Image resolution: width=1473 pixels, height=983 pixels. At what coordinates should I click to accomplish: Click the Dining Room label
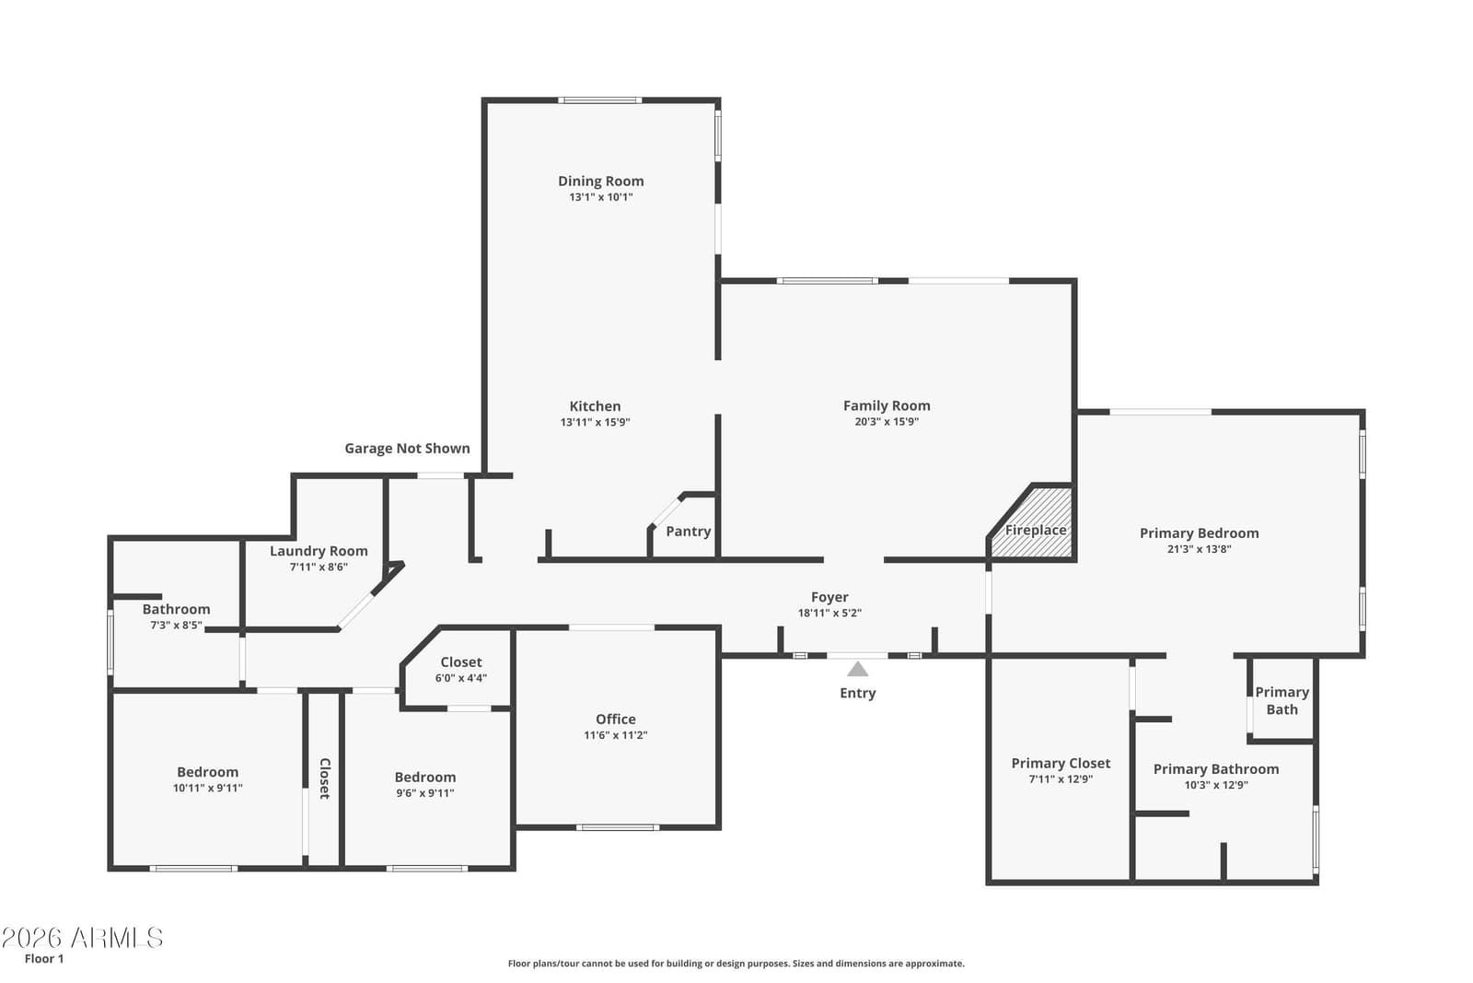tap(600, 181)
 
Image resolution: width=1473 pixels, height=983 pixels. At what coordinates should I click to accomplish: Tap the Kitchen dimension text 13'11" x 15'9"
tap(595, 423)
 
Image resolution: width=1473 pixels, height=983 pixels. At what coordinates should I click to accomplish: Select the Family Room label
tap(887, 406)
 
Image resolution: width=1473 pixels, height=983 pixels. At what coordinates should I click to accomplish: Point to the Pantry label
tap(689, 532)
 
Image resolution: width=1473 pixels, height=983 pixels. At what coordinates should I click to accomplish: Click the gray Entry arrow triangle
tap(857, 669)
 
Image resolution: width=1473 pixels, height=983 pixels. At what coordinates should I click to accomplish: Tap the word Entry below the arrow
tap(857, 693)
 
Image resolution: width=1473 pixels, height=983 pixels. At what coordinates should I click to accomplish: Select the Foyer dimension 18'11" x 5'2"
tap(829, 614)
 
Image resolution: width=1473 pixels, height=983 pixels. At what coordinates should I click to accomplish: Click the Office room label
tap(616, 720)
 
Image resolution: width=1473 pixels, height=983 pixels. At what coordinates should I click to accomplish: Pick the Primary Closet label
tap(1061, 763)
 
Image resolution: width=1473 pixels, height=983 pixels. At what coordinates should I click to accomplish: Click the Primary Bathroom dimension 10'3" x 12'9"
tap(1216, 785)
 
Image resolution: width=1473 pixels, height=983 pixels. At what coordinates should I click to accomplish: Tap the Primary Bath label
tap(1282, 701)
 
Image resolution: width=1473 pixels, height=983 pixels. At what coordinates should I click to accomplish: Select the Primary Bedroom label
tap(1200, 533)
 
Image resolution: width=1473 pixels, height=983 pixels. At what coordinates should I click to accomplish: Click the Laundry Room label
tap(319, 551)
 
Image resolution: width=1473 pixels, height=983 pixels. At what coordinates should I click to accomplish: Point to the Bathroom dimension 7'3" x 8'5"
tap(176, 625)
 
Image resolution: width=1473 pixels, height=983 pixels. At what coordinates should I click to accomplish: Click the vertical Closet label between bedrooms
tap(325, 778)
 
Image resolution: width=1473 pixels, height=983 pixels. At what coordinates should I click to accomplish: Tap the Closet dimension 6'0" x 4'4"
tap(461, 678)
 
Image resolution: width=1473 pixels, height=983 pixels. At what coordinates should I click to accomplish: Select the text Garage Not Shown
tap(408, 449)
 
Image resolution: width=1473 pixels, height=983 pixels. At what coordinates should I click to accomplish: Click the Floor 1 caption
tap(44, 959)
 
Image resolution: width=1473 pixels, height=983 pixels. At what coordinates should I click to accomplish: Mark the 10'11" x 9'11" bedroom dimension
tap(208, 789)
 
